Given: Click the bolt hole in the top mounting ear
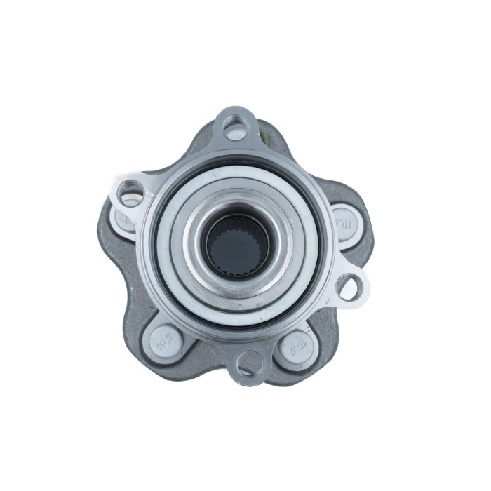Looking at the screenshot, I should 236,128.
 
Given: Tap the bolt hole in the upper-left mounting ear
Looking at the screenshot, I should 130,191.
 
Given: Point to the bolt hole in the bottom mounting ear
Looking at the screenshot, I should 249,362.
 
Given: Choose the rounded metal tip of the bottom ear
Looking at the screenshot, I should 249,379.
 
